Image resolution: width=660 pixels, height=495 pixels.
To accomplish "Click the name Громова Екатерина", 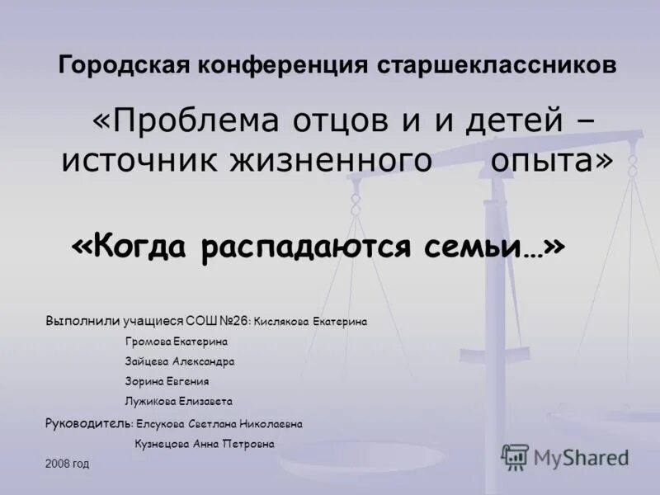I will click(177, 341).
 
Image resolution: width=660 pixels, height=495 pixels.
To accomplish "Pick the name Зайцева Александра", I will click(180, 361).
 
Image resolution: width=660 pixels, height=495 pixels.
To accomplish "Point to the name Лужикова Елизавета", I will click(179, 402).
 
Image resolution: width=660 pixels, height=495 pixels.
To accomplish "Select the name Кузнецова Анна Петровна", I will click(204, 444).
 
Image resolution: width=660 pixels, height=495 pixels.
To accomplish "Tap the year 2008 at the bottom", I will click(58, 464).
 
